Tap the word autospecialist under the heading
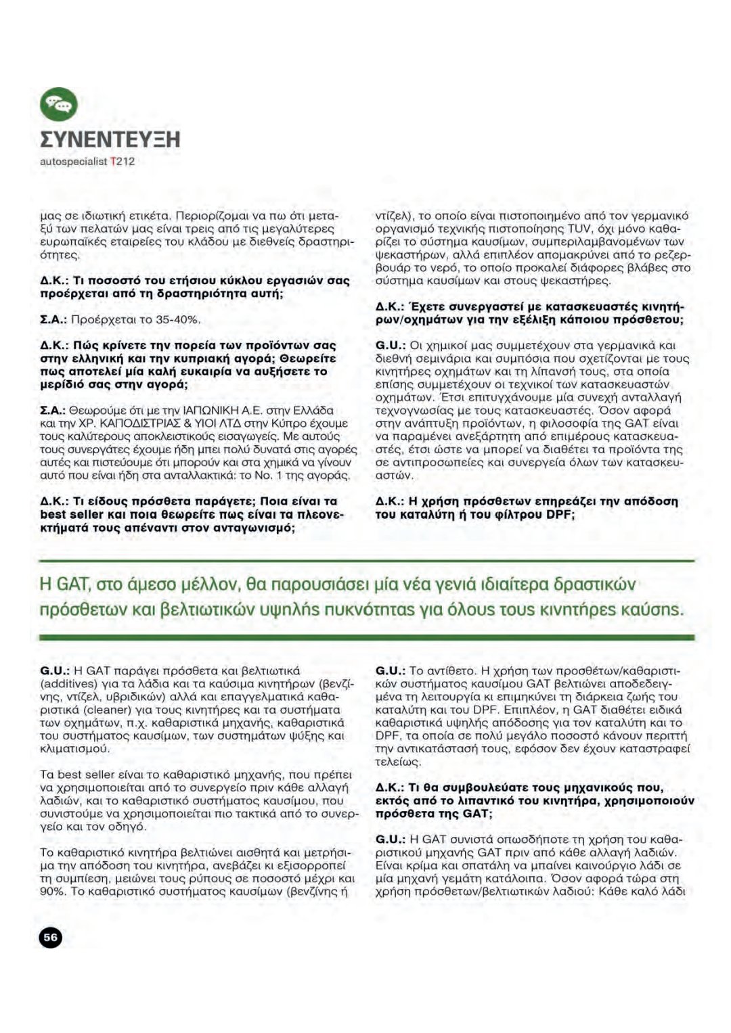click(x=74, y=162)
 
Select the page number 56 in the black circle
click(x=50, y=937)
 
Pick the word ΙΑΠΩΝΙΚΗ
click(x=218, y=410)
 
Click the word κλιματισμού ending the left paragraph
click(x=76, y=749)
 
